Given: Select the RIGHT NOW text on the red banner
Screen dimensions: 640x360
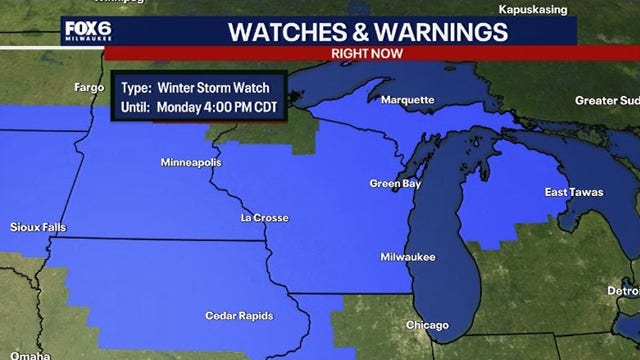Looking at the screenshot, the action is click(359, 54).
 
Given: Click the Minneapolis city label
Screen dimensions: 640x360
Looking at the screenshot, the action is click(191, 162).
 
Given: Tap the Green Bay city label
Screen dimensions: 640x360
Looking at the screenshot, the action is click(393, 184).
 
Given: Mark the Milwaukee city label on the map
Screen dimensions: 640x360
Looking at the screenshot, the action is click(408, 257).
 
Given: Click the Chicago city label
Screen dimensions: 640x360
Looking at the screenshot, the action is click(427, 325).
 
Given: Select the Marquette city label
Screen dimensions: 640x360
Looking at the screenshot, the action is click(407, 100).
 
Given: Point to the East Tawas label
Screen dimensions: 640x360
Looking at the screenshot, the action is click(572, 191).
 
